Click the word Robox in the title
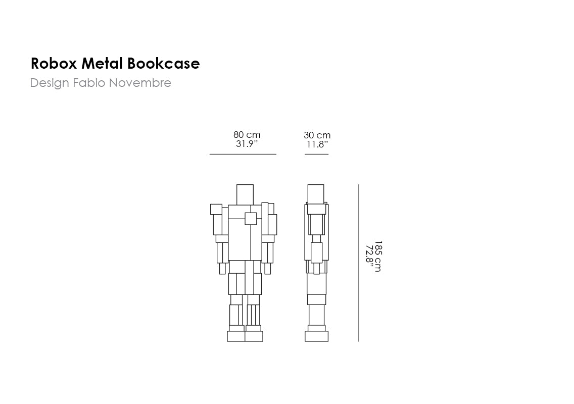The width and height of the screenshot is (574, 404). click(x=54, y=63)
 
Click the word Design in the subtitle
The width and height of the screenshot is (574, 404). click(x=50, y=83)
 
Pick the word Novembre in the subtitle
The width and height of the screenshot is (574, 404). click(x=140, y=83)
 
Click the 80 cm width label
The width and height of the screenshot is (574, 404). click(x=247, y=135)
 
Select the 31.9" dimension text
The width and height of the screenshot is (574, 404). click(x=247, y=144)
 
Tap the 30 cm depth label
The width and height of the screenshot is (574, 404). click(x=317, y=135)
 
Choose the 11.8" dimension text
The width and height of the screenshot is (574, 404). click(x=317, y=144)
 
